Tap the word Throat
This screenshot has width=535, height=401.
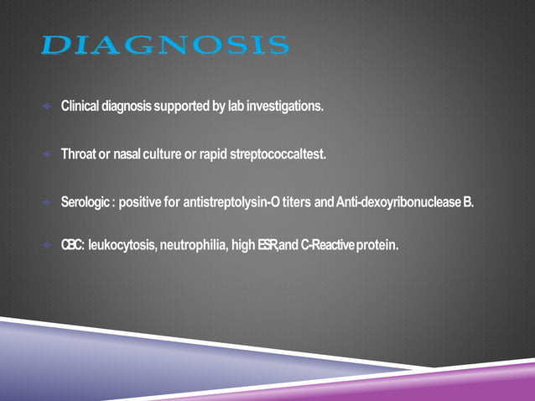click(79, 154)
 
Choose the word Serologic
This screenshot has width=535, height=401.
click(86, 202)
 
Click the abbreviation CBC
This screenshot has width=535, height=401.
click(71, 245)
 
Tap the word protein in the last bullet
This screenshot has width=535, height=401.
click(377, 245)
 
